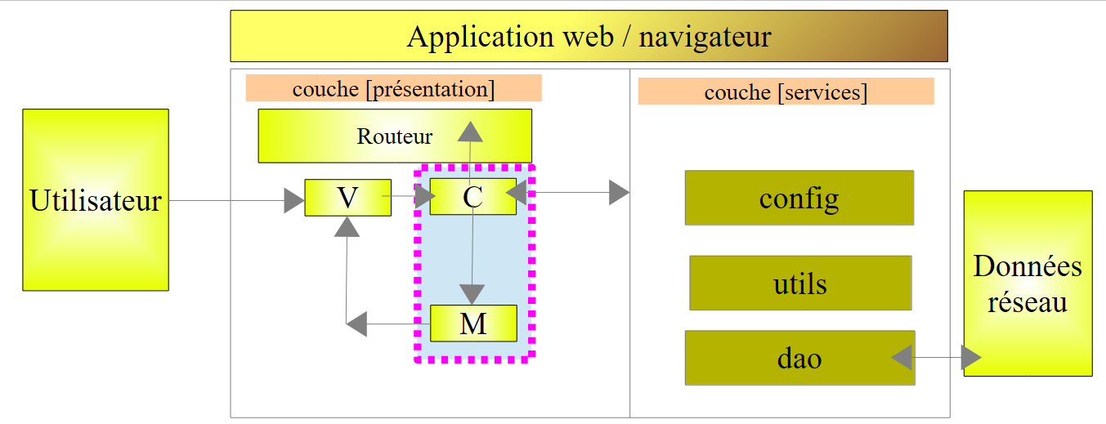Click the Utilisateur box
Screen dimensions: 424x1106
click(x=96, y=200)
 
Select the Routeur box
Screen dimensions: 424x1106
click(x=395, y=136)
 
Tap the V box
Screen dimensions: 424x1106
click(x=347, y=197)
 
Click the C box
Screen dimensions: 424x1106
click(x=472, y=197)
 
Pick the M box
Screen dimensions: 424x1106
click(x=473, y=324)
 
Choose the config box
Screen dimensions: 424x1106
click(x=799, y=198)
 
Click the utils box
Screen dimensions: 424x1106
click(x=799, y=283)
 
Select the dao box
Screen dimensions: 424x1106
click(x=799, y=358)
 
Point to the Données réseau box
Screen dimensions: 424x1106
click(x=1028, y=283)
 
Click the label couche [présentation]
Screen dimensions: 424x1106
click(x=393, y=88)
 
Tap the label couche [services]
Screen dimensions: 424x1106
click(x=786, y=91)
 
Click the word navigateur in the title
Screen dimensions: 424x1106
click(x=705, y=37)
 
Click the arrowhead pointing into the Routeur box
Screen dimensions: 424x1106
click(x=469, y=132)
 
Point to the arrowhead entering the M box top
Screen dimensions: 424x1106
click(x=472, y=293)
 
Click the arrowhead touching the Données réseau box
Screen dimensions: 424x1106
click(x=970, y=357)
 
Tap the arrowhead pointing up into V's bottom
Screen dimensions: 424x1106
click(x=347, y=226)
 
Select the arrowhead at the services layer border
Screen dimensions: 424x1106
click(x=620, y=194)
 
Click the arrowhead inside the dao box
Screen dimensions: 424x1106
click(x=902, y=357)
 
